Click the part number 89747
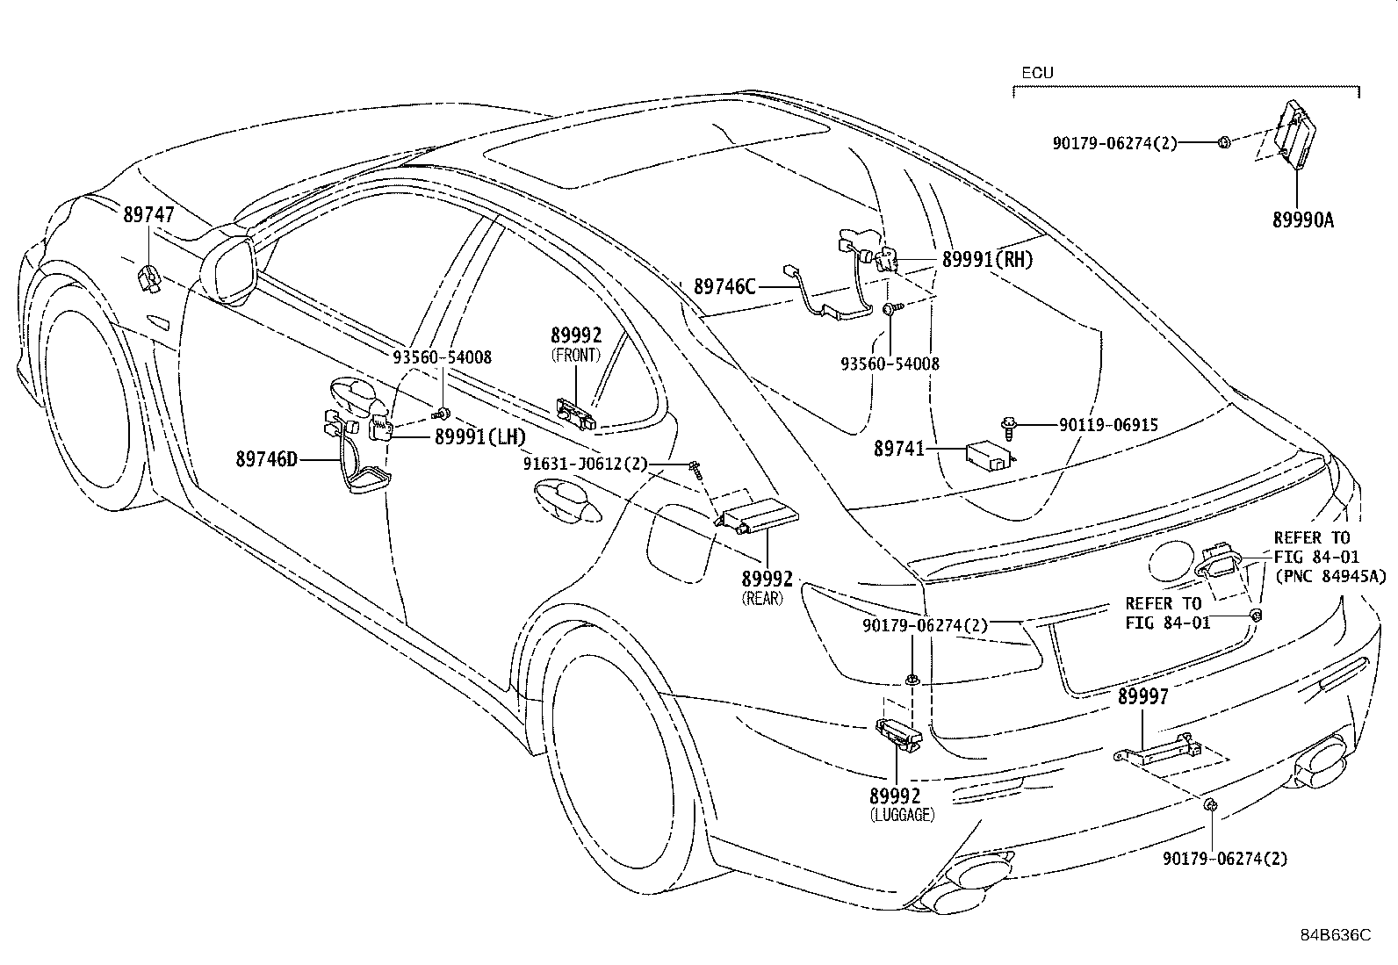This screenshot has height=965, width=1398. [148, 215]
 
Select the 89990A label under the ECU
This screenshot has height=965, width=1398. [1303, 220]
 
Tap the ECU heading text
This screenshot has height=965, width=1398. [1037, 73]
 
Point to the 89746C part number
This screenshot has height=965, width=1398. [724, 287]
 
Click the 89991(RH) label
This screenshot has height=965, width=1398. [987, 260]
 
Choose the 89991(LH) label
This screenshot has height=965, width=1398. [480, 437]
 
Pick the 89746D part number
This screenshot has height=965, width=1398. [266, 460]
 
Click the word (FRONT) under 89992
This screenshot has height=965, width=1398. [575, 355]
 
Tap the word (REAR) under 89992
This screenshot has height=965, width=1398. [762, 599]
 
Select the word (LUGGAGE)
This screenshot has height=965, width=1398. [903, 815]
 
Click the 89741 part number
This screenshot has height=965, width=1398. [898, 449]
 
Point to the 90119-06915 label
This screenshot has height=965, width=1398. [1108, 425]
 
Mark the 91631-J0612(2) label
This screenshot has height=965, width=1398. [586, 464]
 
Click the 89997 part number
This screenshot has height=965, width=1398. [1142, 696]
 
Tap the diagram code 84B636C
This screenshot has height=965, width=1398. [1336, 935]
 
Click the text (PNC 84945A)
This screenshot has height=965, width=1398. [1330, 576]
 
